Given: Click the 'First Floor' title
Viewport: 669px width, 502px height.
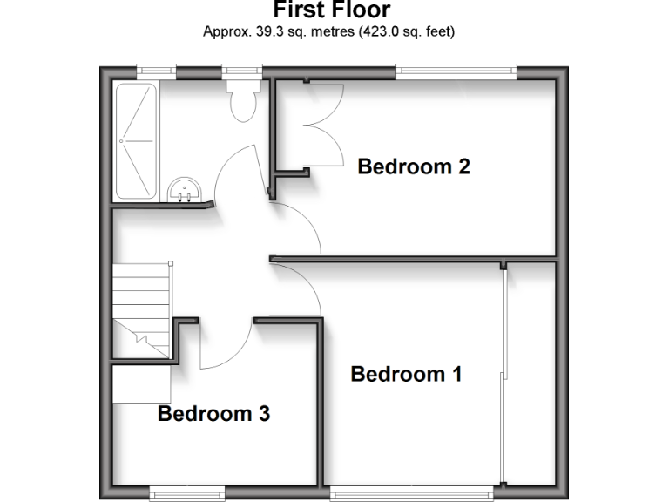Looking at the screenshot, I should tap(332, 10).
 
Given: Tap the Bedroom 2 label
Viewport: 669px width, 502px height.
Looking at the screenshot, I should tap(414, 166).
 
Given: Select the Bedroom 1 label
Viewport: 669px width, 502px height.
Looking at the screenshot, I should tap(406, 375).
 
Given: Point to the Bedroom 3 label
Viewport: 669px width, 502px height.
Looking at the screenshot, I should tap(213, 414).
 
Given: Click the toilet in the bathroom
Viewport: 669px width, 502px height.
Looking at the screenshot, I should tap(241, 102).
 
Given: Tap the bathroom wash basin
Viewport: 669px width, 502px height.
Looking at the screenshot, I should tap(185, 189).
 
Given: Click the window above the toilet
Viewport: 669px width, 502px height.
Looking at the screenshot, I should tap(240, 70).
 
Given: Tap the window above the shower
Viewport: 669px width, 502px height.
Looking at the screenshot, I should tap(156, 70).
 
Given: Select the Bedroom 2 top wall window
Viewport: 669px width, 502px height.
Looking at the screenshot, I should tap(456, 70).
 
